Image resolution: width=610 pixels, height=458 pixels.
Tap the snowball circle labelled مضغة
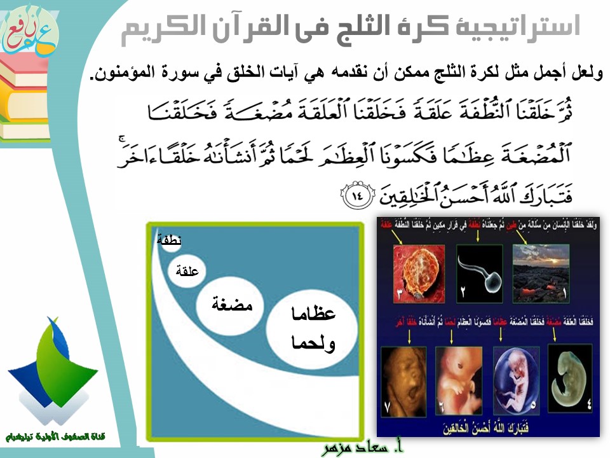pos(225,305)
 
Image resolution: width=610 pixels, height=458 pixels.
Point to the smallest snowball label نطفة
pos(169,240)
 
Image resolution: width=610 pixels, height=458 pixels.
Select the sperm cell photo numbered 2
pos(480,267)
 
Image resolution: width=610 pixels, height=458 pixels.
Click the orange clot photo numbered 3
pos(412,267)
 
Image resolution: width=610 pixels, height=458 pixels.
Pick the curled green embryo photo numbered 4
pos(570,376)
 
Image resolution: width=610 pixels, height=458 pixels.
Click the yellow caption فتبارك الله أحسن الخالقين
pos(487,425)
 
